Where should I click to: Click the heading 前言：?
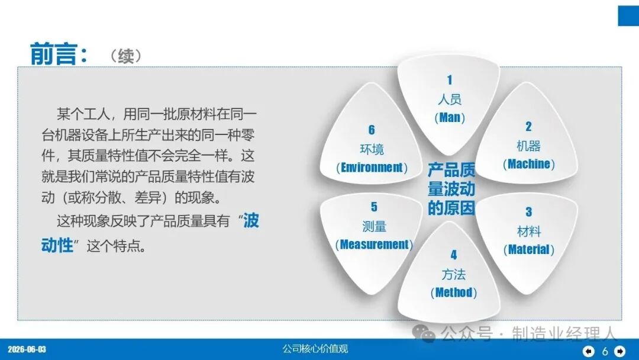[x=59, y=54]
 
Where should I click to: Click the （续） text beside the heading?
[x=125, y=56]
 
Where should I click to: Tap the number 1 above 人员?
[x=450, y=80]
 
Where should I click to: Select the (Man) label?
[x=450, y=118]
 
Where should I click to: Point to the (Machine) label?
[x=528, y=164]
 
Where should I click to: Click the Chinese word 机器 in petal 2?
[x=528, y=146]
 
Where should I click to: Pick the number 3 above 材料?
[x=528, y=212]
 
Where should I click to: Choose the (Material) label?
[x=528, y=249]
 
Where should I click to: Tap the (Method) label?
[x=454, y=292]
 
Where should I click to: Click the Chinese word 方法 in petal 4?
[x=454, y=274]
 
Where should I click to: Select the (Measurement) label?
[x=374, y=245]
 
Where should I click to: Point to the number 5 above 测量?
[x=374, y=207]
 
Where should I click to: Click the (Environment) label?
[x=372, y=168]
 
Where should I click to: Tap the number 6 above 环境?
[x=372, y=130]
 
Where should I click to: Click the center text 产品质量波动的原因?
[x=451, y=189]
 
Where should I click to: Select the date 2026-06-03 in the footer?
[x=27, y=349]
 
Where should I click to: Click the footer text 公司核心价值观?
[x=315, y=349]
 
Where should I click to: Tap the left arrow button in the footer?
[x=589, y=351]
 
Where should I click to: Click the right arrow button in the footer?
[x=620, y=351]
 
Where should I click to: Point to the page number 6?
[x=605, y=351]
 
